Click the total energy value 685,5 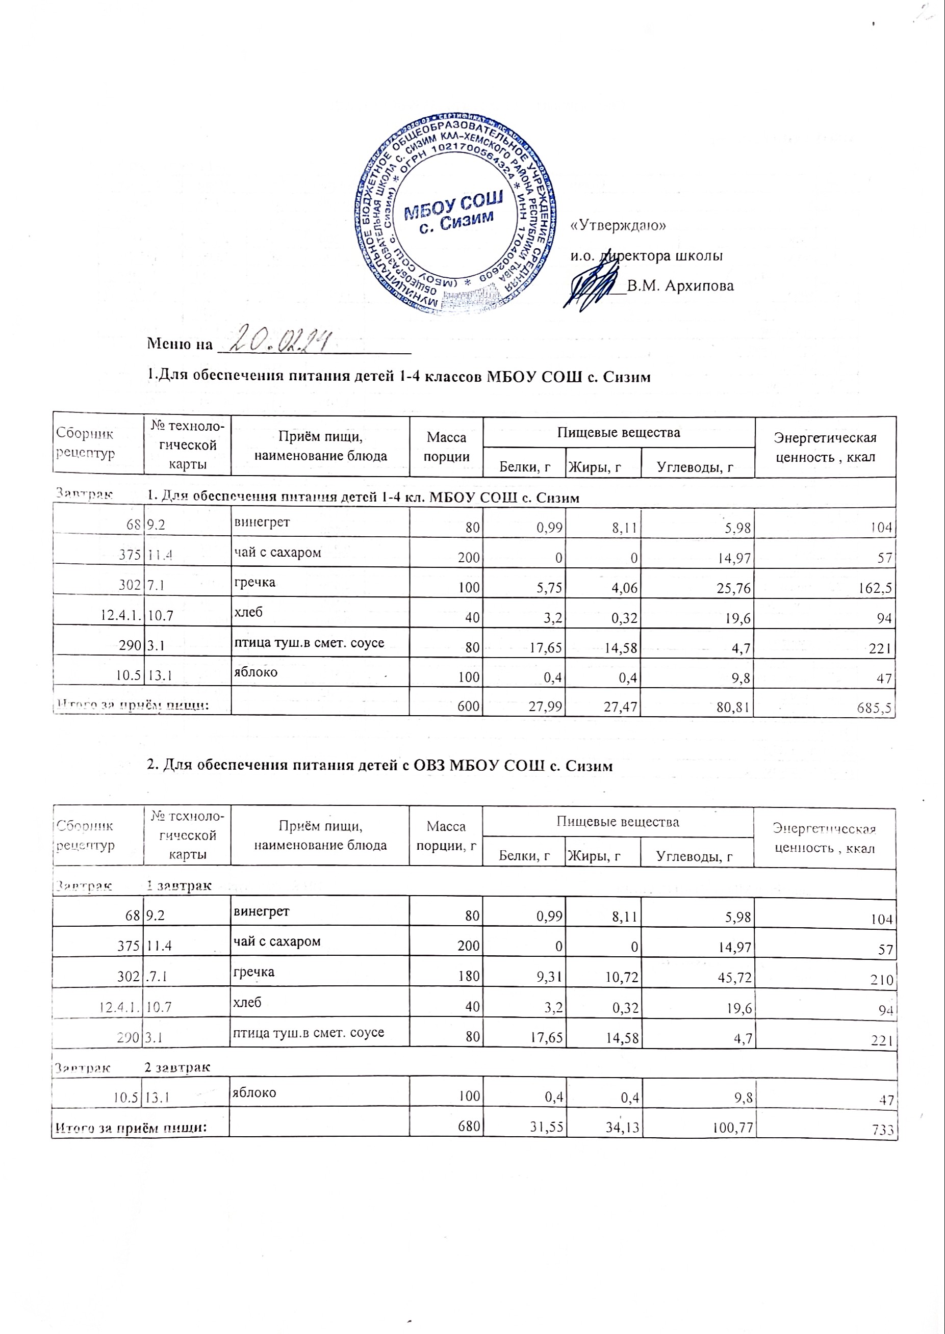(x=875, y=708)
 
